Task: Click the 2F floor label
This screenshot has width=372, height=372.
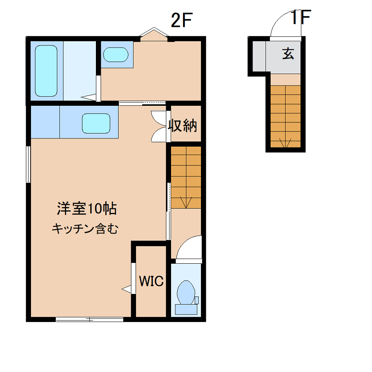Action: pos(181,20)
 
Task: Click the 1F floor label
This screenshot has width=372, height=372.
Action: pos(301,17)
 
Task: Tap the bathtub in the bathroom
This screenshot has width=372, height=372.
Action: pos(46,71)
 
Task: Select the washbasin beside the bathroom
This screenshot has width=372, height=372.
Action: pos(116,55)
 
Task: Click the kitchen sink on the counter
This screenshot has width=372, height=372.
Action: pos(96,123)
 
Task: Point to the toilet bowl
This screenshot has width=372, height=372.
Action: pos(186,292)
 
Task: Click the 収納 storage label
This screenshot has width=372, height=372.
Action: pos(182,126)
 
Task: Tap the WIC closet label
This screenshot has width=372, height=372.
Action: pos(151,281)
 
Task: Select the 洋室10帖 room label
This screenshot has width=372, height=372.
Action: pos(87,209)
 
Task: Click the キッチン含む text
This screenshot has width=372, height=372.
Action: pos(85,229)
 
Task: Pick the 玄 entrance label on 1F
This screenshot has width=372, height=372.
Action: pos(288,53)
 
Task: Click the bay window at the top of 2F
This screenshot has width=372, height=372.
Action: pos(154,33)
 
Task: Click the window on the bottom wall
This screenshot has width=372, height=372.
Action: pos(90,320)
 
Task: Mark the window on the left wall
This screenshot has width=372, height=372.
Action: pos(28,165)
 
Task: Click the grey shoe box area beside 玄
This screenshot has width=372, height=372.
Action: pos(259,56)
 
